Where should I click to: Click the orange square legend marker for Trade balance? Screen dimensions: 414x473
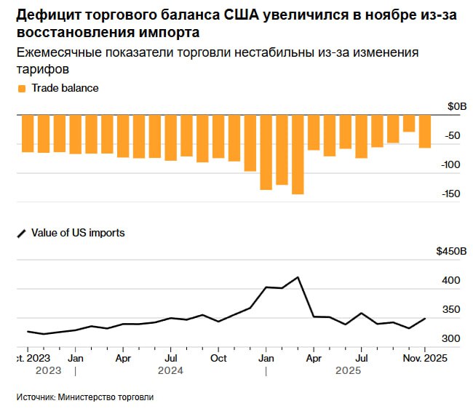tap(21, 88)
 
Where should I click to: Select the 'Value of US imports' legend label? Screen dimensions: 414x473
tap(78, 233)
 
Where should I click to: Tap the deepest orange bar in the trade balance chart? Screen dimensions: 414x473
tap(298, 154)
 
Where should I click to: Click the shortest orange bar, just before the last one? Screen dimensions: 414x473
tap(409, 123)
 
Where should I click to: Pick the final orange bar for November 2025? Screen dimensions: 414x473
tap(425, 131)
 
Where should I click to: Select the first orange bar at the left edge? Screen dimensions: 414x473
tap(27, 133)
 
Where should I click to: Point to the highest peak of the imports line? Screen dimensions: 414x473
tap(298, 277)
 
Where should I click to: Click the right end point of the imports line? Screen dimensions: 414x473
tap(425, 318)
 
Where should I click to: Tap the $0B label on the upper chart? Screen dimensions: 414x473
tap(456, 106)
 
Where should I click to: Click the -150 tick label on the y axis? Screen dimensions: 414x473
tap(452, 194)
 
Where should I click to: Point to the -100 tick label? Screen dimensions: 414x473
tap(452, 164)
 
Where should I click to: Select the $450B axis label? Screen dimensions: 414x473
tap(450, 251)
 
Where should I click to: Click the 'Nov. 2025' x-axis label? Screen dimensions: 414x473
tap(424, 358)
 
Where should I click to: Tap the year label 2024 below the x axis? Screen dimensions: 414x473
tap(170, 370)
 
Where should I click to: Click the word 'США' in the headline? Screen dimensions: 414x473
tap(234, 15)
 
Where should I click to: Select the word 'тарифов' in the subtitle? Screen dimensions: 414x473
tap(43, 69)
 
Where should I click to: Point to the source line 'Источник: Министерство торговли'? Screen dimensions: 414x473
tap(85, 397)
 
